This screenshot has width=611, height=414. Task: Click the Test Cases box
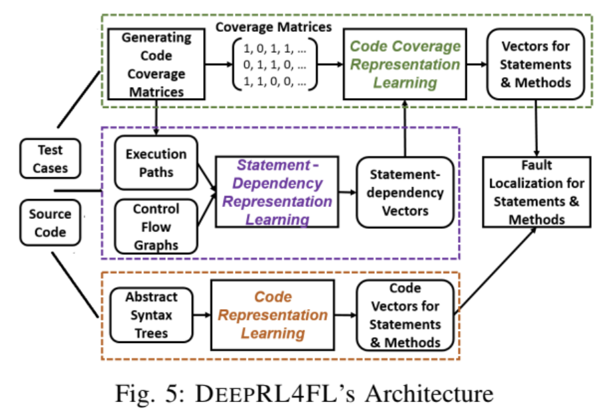coord(52,159)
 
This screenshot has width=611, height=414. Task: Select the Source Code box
coord(50,223)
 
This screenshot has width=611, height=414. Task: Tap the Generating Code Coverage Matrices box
coord(156,64)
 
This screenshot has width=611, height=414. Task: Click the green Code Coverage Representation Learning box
coord(405,64)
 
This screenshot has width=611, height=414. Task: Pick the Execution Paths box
coord(156,163)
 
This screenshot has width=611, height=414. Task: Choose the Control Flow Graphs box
coord(156,227)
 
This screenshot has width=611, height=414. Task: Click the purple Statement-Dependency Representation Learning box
coord(277,192)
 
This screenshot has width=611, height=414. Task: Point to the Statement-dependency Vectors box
coord(406,192)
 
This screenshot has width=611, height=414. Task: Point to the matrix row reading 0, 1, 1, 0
coord(275,65)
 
